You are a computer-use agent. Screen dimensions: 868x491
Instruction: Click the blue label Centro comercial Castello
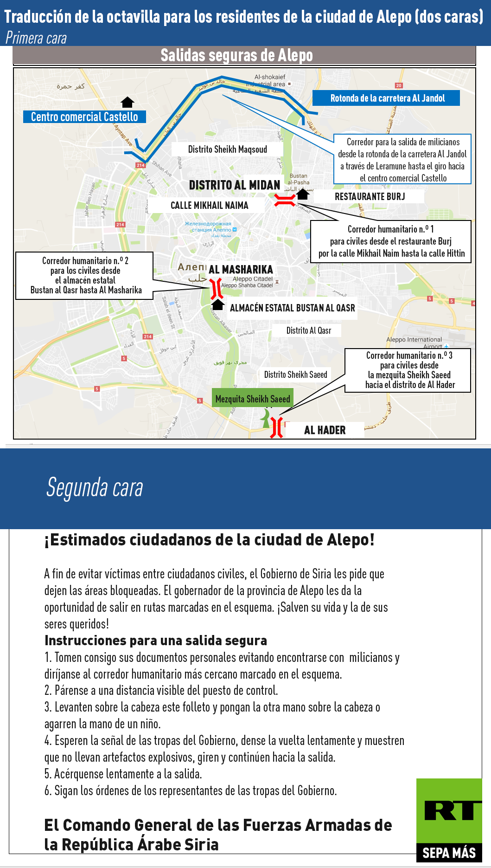84,117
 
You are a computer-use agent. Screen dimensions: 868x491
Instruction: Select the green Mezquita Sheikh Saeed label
253,399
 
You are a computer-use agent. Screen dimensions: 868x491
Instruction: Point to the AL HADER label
325,430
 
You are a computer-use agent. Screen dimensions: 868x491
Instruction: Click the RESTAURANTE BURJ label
370,196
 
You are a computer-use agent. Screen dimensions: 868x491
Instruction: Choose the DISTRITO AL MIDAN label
235,185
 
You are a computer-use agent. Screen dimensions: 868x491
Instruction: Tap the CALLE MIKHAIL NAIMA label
209,205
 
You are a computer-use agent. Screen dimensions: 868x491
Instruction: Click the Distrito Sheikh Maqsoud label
227,149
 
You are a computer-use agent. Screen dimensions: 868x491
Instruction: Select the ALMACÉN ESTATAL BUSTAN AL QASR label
292,308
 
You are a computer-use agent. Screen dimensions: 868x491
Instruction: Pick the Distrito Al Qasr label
308,330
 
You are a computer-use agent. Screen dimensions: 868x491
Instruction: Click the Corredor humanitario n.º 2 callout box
84,275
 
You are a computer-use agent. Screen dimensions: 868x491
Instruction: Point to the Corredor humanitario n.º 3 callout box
408,370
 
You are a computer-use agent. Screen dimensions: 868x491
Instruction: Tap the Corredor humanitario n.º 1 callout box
391,241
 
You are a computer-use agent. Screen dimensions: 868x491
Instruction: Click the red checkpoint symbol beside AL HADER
277,428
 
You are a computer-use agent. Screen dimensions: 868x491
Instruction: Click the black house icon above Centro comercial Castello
127,102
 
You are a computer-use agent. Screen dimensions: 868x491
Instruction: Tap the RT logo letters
449,810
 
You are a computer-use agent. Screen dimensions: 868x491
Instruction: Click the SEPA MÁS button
449,853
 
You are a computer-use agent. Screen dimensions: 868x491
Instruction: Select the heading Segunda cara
95,487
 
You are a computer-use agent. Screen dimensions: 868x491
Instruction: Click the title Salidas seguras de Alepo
236,55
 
